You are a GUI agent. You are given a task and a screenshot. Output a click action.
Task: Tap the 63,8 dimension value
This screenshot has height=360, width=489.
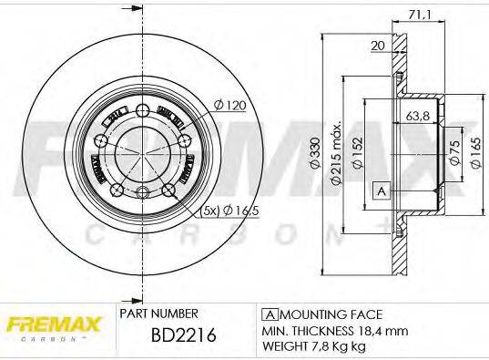coord(418,117)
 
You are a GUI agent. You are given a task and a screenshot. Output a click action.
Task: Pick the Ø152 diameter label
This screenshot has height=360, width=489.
coord(358,156)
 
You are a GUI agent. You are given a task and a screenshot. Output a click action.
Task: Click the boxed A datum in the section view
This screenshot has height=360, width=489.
coord(382,190)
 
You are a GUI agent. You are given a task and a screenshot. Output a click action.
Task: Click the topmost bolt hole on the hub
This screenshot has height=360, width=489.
coord(144,110)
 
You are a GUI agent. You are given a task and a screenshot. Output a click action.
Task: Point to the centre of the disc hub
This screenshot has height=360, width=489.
coord(142,151)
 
